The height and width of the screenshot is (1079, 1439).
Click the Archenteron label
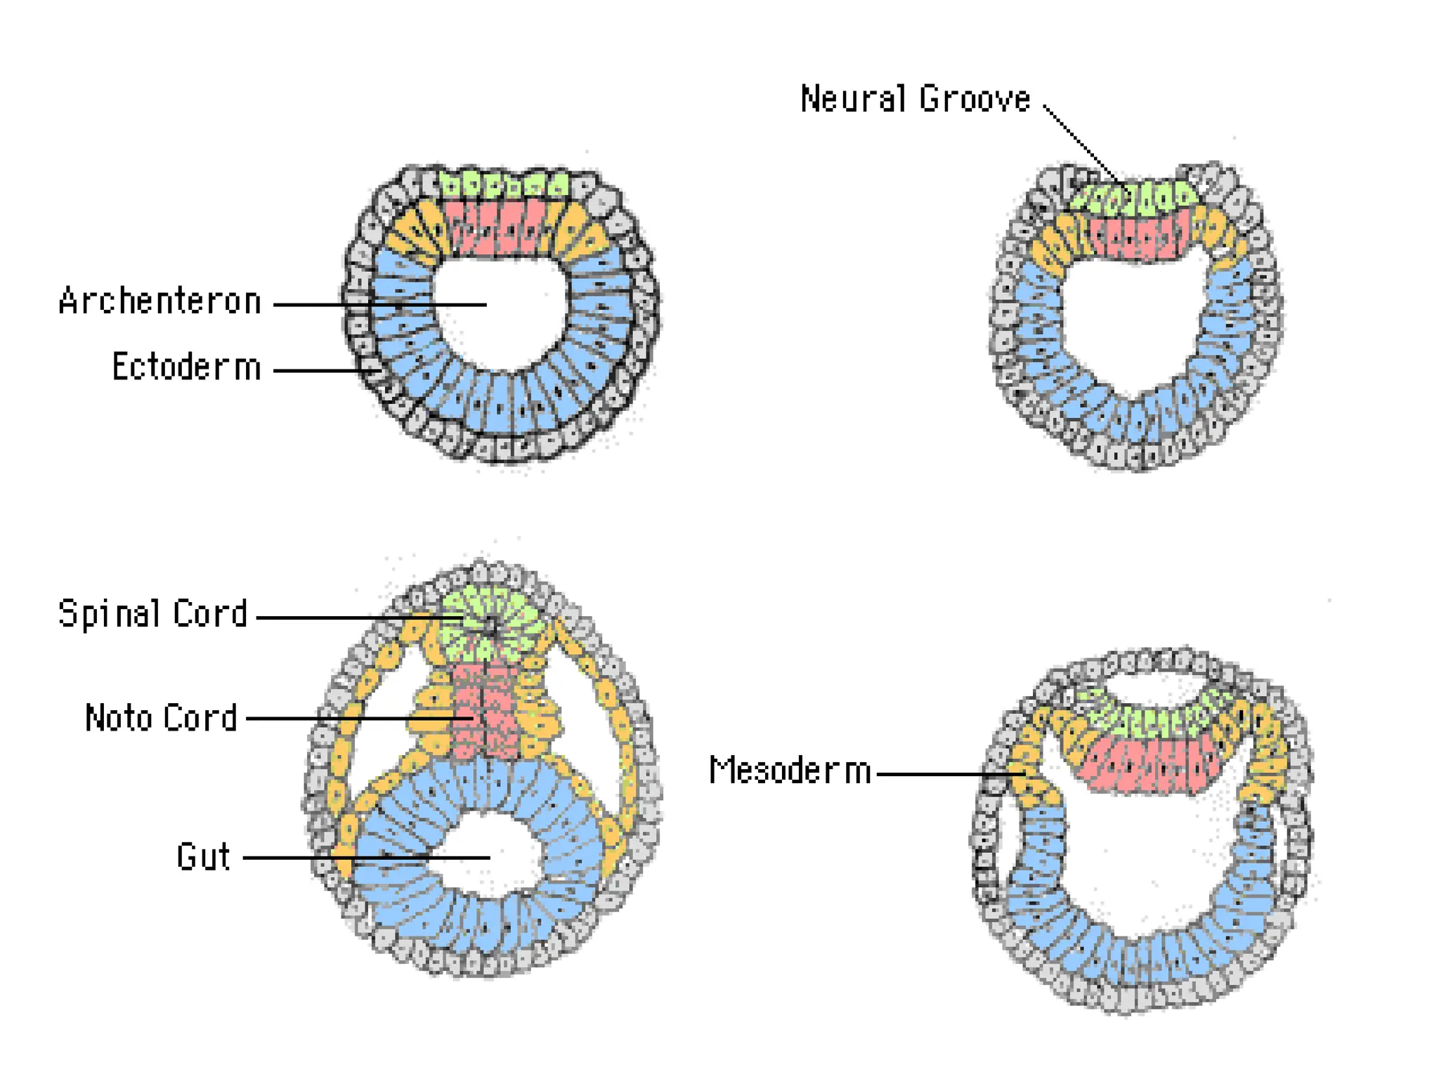point(160,302)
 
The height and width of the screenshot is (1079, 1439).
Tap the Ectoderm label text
point(186,367)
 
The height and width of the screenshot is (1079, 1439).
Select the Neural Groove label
point(915,99)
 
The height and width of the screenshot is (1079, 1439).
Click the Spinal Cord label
point(153,614)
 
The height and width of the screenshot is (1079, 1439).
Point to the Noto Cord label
point(161,718)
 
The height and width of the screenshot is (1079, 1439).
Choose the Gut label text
point(203,857)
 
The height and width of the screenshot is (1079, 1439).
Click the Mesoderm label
point(790,771)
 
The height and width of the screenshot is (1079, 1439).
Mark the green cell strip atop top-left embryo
point(502,184)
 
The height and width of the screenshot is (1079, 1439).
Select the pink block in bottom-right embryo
point(1152,766)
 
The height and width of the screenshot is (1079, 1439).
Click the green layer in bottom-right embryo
point(1152,717)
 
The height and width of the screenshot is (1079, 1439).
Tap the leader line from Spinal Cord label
point(351,617)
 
